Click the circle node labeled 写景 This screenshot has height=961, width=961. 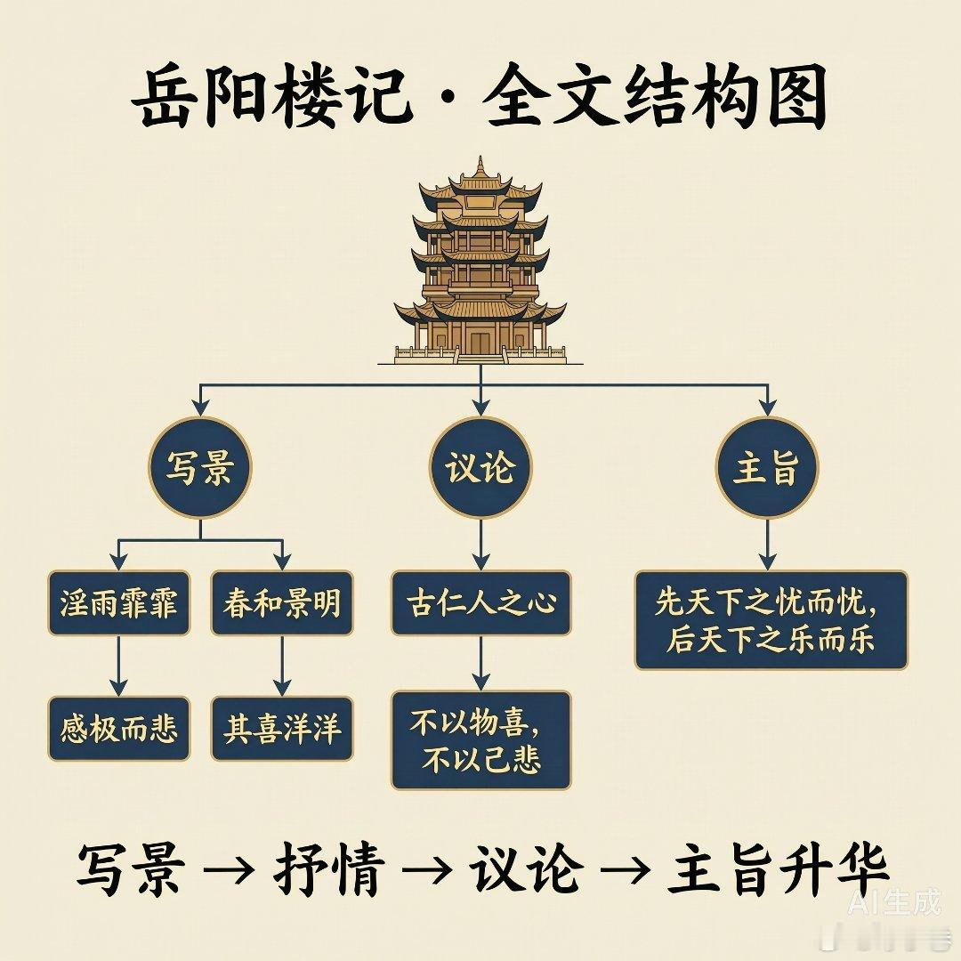[200, 468]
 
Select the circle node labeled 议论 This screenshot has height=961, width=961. [480, 468]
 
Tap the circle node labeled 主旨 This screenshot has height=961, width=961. [767, 468]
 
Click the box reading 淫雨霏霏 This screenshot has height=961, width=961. [119, 602]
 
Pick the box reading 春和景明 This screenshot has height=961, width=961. [282, 602]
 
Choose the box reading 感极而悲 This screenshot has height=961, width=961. [119, 728]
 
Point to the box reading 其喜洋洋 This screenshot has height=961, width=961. [282, 728]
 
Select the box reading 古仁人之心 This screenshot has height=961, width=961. [481, 602]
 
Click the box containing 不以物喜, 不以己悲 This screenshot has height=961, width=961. [481, 739]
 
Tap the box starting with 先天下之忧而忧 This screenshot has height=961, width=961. [771, 620]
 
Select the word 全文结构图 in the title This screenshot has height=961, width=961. [655, 98]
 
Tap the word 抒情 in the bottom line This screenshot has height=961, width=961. [329, 869]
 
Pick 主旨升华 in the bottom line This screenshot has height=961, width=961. [777, 869]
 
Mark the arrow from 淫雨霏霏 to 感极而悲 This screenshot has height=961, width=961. [119, 666]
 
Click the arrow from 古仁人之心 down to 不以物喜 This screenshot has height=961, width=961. [481, 663]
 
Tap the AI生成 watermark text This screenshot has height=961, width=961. [894, 903]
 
